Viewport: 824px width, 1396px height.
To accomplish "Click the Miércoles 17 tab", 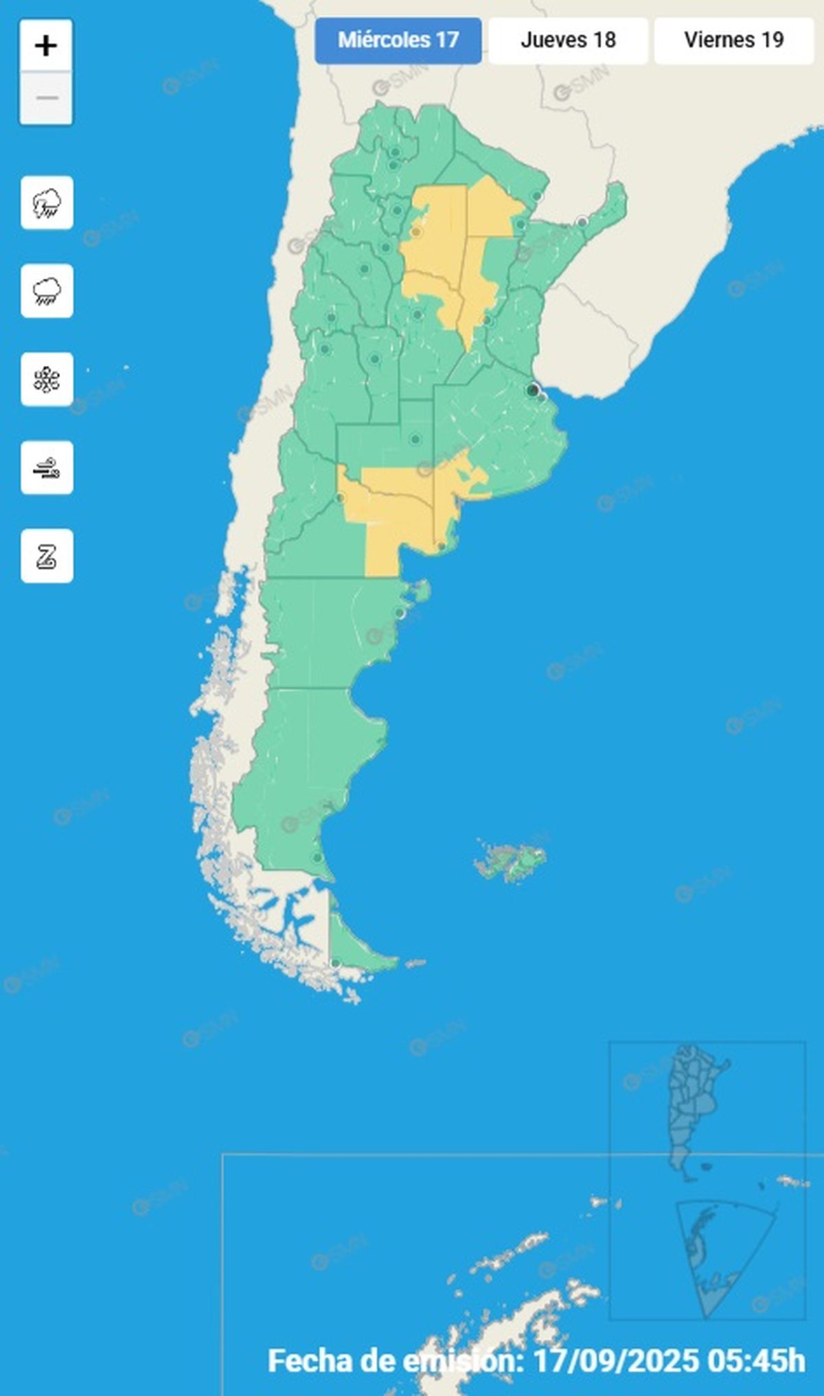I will coord(398,40).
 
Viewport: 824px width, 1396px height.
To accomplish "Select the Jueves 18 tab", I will coord(568,40).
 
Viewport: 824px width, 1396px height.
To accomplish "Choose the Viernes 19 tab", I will coord(733,40).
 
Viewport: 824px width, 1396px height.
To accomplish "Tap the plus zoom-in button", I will coord(46,46).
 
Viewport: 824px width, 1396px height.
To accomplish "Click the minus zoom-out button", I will coord(46,98).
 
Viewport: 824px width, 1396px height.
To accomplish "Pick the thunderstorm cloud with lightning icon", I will coord(47,203).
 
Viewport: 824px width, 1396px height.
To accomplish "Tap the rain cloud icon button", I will coord(47,291).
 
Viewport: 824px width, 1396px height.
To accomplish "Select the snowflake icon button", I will coord(47,380).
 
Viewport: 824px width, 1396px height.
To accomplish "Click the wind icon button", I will coord(47,468).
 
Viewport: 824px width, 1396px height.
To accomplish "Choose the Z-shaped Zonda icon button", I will coord(47,556).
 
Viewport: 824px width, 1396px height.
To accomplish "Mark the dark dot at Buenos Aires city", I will coord(532,390).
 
